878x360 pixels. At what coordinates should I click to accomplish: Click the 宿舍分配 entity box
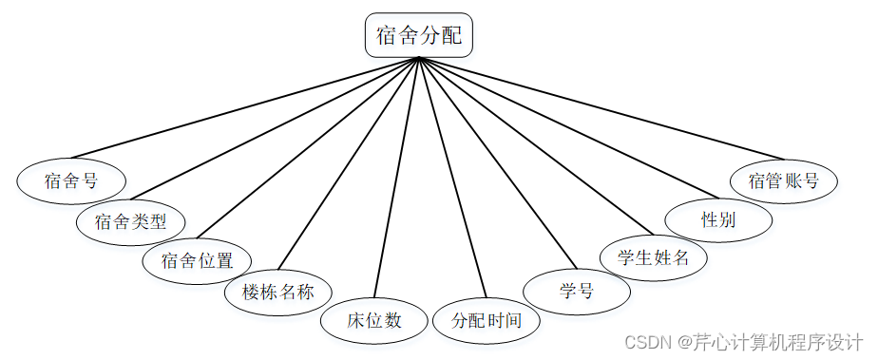pos(419,35)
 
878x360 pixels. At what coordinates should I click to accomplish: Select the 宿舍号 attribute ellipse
pos(71,180)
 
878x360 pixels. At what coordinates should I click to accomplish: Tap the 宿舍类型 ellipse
pos(130,221)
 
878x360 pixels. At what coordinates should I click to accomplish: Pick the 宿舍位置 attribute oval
pos(197,261)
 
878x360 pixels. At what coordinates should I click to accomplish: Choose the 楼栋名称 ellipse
pos(278,292)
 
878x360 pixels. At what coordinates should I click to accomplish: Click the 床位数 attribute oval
pos(374,320)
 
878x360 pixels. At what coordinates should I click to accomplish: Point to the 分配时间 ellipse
pos(487,320)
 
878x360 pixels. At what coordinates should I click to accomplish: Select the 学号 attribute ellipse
pos(576,292)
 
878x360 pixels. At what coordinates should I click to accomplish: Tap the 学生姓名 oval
pos(653,257)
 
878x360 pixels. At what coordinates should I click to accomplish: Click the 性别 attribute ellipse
pos(718,219)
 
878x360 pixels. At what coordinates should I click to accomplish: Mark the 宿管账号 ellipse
pos(784,181)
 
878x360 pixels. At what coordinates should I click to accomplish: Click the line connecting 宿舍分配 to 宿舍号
pos(245,108)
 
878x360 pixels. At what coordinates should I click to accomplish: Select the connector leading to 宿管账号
pos(601,108)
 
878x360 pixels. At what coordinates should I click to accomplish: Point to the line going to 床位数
pos(396,178)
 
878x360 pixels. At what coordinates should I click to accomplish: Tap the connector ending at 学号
pos(497,163)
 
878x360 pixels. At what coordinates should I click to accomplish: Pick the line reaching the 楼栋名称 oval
pos(349,163)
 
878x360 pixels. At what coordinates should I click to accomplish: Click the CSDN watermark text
pos(744,341)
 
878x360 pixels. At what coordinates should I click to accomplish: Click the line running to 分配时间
pos(452,178)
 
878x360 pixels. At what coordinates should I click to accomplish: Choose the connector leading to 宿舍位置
pos(308,148)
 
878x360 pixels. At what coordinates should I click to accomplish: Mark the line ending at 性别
pos(568,127)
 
